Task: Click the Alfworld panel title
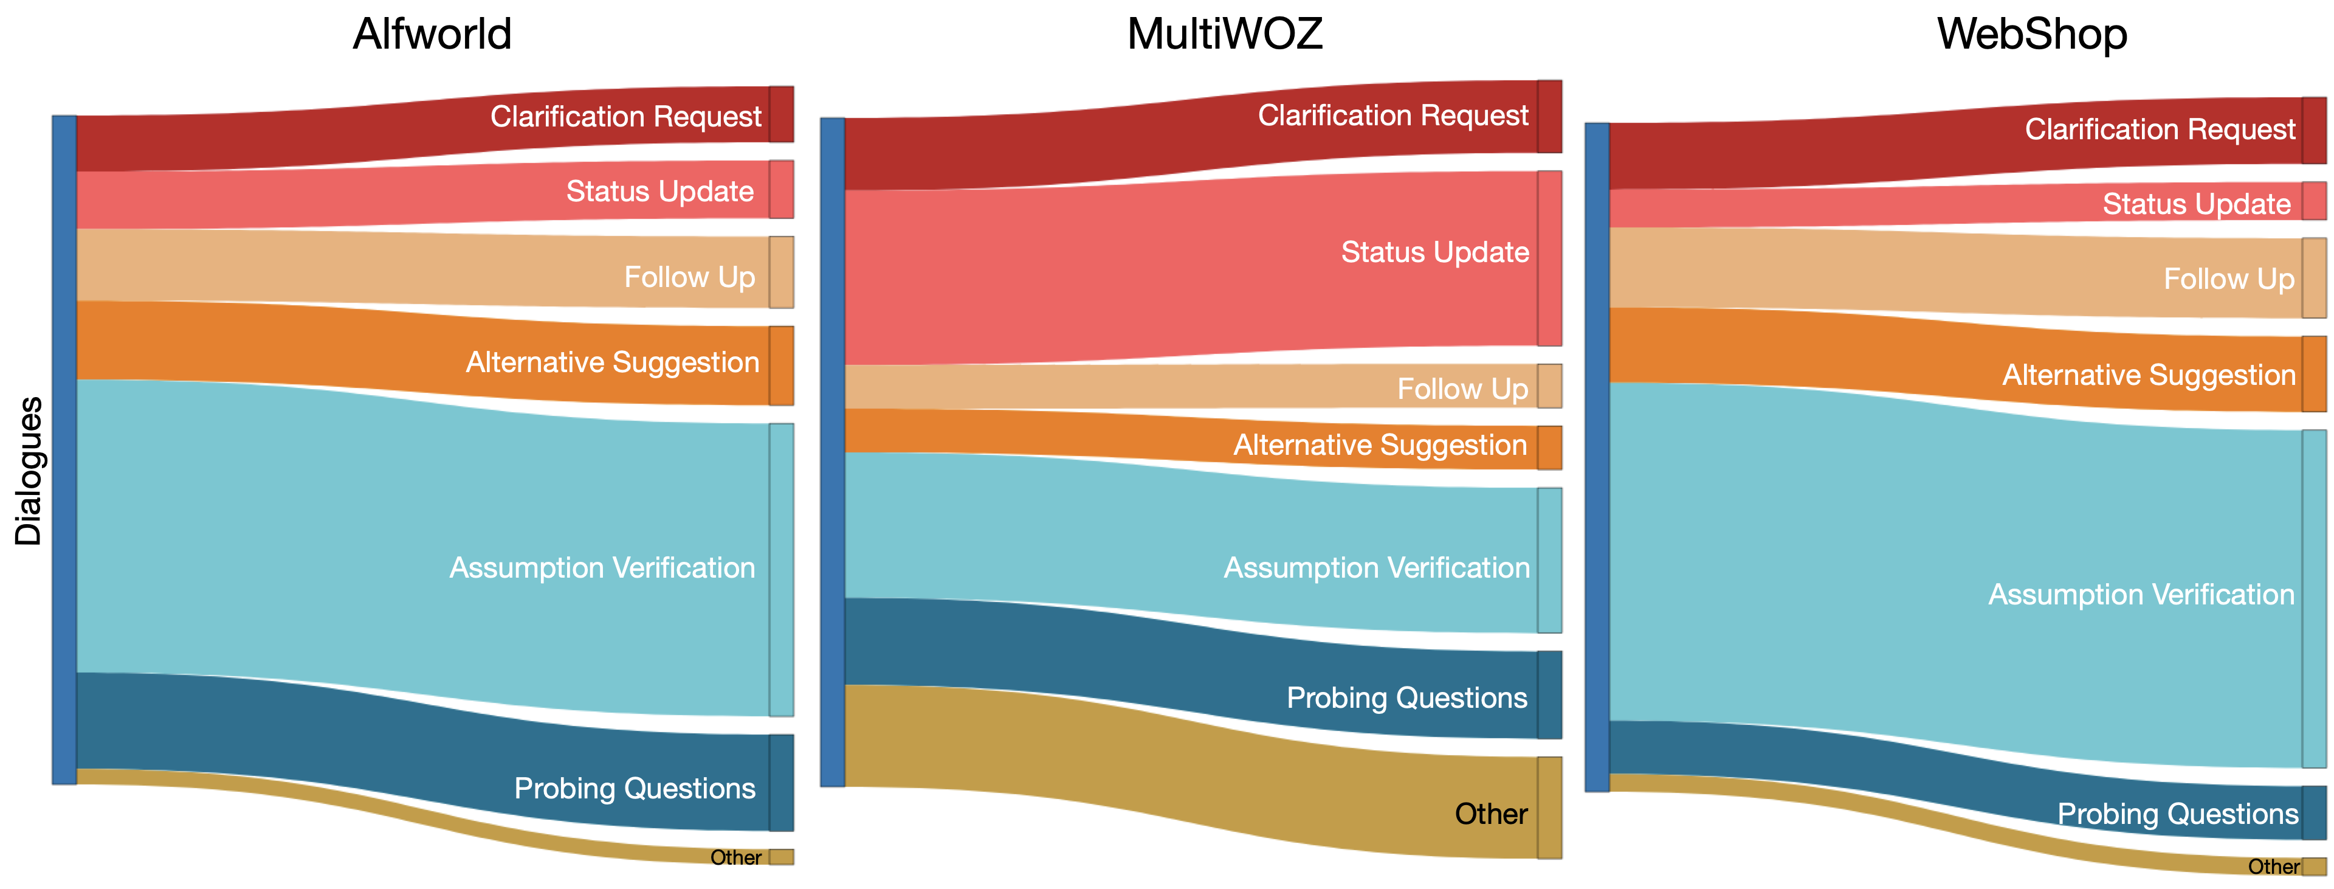tap(432, 35)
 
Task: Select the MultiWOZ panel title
tap(1224, 35)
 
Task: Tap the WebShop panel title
tap(2033, 35)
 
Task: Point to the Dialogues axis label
tap(29, 471)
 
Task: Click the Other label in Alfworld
tap(735, 857)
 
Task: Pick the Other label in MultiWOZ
tap(1492, 814)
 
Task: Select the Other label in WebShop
tap(2273, 867)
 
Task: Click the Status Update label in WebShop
tap(2196, 204)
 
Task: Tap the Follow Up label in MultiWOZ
tap(1462, 389)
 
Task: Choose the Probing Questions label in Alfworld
tap(634, 789)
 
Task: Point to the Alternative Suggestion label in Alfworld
tap(613, 362)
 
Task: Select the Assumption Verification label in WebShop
tap(2141, 595)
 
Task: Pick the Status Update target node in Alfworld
tap(782, 189)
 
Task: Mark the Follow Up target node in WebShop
tap(2314, 278)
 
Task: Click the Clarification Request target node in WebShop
tap(2314, 131)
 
